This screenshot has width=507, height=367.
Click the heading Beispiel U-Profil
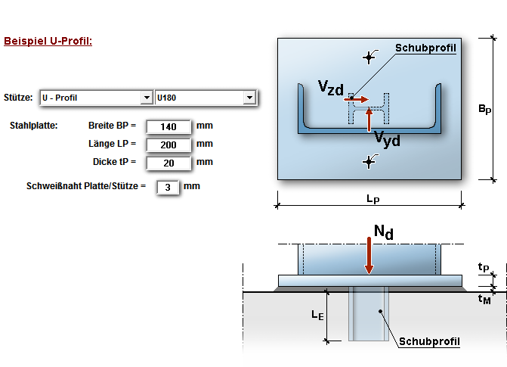pos(48,41)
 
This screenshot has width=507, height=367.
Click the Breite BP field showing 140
pos(168,126)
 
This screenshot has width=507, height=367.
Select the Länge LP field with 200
pos(168,145)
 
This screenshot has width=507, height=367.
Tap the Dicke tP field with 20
pos(168,163)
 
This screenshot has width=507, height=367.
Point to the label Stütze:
pos(18,98)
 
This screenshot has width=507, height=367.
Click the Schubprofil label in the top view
pos(426,48)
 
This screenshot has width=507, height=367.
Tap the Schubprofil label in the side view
pos(429,342)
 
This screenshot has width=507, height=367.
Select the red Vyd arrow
pos(369,118)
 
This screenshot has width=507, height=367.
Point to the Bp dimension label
pos(484,110)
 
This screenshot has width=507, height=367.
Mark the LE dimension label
pos(317,315)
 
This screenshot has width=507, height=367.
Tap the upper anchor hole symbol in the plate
pos(369,57)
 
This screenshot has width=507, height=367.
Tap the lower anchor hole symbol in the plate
pos(369,160)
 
